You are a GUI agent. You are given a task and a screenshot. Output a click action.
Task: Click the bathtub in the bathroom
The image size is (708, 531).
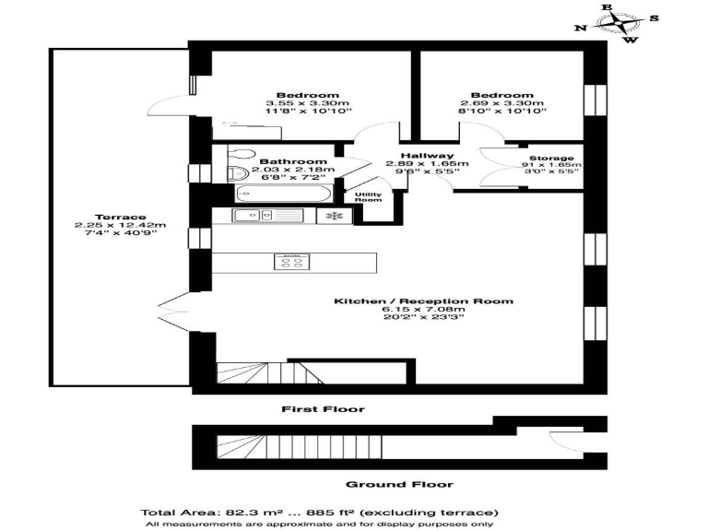click(274, 194)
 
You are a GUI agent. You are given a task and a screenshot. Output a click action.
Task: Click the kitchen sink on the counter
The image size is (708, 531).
click(251, 216)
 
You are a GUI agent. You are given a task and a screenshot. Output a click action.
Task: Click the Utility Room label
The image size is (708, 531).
click(369, 196)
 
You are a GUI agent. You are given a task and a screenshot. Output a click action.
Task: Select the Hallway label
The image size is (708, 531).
click(426, 156)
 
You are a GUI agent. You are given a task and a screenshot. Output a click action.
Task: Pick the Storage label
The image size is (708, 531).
click(550, 159)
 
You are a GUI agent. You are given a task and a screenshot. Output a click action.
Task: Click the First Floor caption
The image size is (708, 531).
click(323, 408)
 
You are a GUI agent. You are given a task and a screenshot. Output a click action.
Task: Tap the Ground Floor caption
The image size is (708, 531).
click(386, 484)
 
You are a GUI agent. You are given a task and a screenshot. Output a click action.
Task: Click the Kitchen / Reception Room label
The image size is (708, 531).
click(423, 301)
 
